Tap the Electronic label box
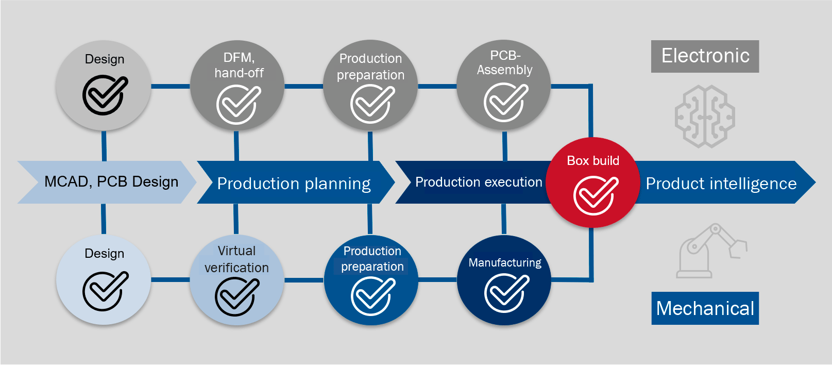(x=705, y=56)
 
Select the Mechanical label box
(x=705, y=308)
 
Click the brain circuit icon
(x=705, y=117)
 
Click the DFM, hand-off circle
(x=237, y=85)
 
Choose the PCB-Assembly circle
(x=504, y=85)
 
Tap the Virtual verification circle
(x=236, y=280)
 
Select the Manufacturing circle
(x=504, y=280)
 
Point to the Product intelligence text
(x=721, y=184)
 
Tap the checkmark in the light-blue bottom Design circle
(x=105, y=291)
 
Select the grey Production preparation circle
(x=370, y=85)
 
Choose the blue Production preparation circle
(x=371, y=280)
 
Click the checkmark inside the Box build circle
(x=595, y=195)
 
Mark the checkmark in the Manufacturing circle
(x=506, y=292)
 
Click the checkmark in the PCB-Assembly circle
(x=505, y=102)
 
